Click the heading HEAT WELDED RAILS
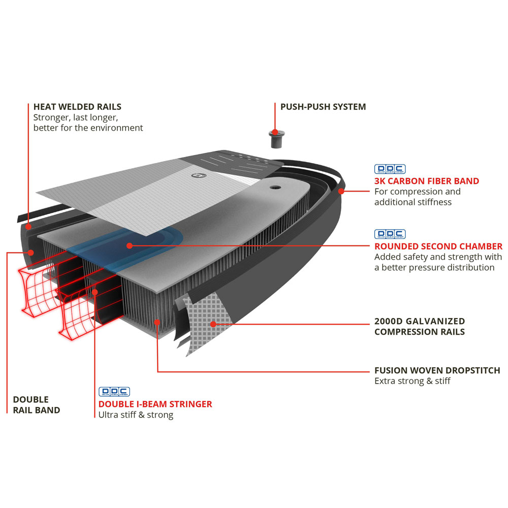click(x=77, y=107)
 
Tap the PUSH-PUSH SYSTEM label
click(x=323, y=107)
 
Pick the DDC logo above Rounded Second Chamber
click(x=390, y=234)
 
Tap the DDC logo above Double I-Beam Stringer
click(x=114, y=392)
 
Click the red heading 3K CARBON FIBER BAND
click(x=427, y=181)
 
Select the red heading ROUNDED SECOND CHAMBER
click(x=438, y=246)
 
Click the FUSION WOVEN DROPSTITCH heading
click(x=437, y=370)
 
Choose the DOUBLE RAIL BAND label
click(x=37, y=405)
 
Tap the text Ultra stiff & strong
click(x=136, y=415)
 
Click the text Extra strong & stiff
click(x=412, y=381)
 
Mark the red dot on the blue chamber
click(x=130, y=245)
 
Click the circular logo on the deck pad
click(x=195, y=176)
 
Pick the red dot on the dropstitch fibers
click(x=157, y=321)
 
